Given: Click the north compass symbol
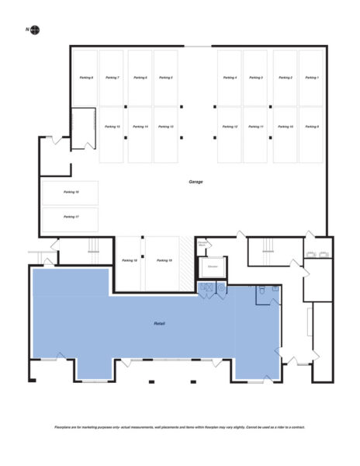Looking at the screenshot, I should (x=35, y=30).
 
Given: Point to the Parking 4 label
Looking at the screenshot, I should (x=230, y=78).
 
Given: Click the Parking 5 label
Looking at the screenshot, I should (x=165, y=78).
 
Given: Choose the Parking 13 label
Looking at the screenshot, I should (x=165, y=126).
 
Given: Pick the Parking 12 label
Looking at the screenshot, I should (x=230, y=126).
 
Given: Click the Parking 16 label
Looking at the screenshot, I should (x=71, y=191).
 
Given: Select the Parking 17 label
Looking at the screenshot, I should (x=71, y=217).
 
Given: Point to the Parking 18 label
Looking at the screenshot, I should (x=129, y=260).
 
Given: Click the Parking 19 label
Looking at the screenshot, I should (x=164, y=260).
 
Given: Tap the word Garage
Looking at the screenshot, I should (x=196, y=182).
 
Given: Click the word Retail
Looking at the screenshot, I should (x=159, y=323).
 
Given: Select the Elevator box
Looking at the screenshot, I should (x=212, y=267).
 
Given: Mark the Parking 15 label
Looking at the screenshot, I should (x=112, y=126).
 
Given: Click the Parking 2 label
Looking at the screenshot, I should (x=285, y=78).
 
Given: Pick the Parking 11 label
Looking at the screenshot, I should (x=257, y=126).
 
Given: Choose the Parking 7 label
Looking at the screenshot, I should (x=112, y=78).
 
